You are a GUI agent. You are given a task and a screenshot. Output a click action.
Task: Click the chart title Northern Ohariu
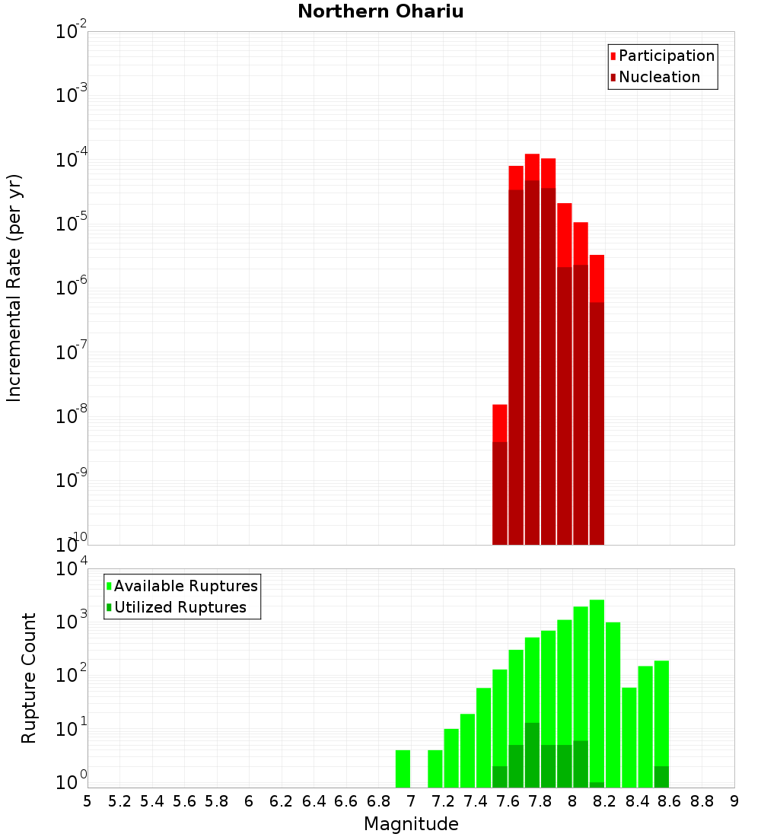pyautogui.click(x=380, y=11)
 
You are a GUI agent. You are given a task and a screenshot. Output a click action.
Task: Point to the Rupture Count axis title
pyautogui.click(x=29, y=677)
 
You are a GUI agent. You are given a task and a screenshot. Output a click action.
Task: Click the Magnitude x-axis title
pyautogui.click(x=411, y=824)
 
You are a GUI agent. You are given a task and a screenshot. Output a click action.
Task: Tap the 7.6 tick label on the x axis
pyautogui.click(x=508, y=801)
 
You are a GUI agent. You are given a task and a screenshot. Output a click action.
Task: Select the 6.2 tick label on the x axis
pyautogui.click(x=282, y=801)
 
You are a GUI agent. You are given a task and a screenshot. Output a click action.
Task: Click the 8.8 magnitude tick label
pyautogui.click(x=702, y=801)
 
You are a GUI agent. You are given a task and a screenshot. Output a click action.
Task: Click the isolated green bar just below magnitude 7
pyautogui.click(x=403, y=769)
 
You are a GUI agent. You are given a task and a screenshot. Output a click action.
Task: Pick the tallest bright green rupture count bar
pyautogui.click(x=597, y=685)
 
